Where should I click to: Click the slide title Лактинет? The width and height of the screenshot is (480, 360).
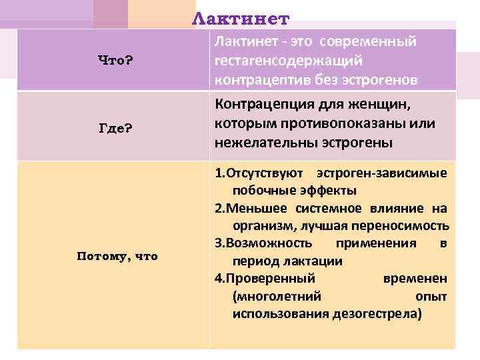click(x=241, y=18)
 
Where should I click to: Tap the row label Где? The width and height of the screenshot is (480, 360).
click(x=116, y=128)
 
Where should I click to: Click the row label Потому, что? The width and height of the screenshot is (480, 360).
click(x=117, y=255)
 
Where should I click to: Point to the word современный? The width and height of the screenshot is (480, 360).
click(x=368, y=42)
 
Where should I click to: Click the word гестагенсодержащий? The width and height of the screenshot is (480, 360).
click(x=289, y=61)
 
